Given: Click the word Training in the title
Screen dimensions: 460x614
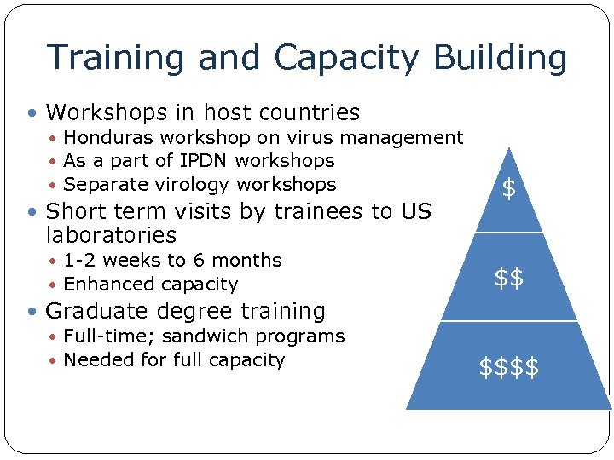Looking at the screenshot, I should (115, 58).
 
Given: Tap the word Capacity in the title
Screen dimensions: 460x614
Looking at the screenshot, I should (346, 58).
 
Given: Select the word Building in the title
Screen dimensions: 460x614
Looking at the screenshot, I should (500, 58).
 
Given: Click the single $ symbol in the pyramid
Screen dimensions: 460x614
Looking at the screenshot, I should (509, 189).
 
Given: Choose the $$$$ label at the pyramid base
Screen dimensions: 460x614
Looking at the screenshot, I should (509, 367).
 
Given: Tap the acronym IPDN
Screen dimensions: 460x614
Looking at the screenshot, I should (203, 161).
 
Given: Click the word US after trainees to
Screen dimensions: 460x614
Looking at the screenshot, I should (416, 211).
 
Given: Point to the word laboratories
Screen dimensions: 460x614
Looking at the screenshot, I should (111, 235).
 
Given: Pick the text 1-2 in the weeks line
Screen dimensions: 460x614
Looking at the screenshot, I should (79, 261).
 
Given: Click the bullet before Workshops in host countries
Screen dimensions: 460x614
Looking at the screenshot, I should (32, 113).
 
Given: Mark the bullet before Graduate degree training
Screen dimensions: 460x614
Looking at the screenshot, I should (32, 312).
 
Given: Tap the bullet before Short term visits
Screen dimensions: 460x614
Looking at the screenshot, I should (32, 211).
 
